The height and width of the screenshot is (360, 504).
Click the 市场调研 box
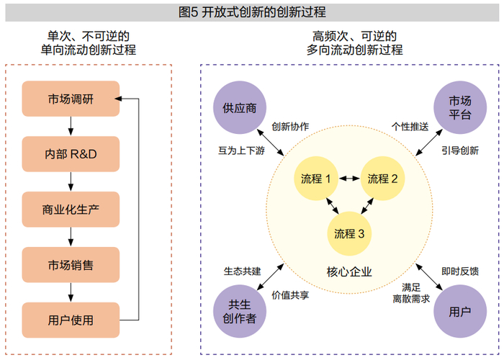click(71, 99)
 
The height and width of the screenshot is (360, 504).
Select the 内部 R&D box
click(71, 154)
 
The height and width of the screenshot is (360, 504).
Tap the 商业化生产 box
click(71, 210)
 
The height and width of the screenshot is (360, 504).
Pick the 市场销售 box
click(71, 265)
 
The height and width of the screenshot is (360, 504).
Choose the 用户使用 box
click(71, 320)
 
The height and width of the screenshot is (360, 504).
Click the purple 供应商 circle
click(240, 108)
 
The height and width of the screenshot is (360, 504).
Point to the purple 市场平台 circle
click(460, 108)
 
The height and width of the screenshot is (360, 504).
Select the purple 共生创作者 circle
click(240, 311)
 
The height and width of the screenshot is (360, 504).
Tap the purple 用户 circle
click(460, 311)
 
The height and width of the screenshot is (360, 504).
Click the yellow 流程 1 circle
click(316, 179)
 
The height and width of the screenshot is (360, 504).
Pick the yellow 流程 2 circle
click(382, 179)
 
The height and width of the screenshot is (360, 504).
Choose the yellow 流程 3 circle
click(349, 234)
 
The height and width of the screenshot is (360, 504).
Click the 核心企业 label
click(349, 272)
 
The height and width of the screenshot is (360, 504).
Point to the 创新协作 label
click(290, 126)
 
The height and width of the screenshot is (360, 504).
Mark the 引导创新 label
click(460, 150)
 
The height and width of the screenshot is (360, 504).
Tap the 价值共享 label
click(290, 295)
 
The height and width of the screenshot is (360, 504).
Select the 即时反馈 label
click(460, 271)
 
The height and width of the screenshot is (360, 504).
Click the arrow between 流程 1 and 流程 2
click(349, 178)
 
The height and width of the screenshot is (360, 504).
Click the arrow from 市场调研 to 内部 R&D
click(71, 126)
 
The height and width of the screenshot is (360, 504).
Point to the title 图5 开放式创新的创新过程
click(252, 12)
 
